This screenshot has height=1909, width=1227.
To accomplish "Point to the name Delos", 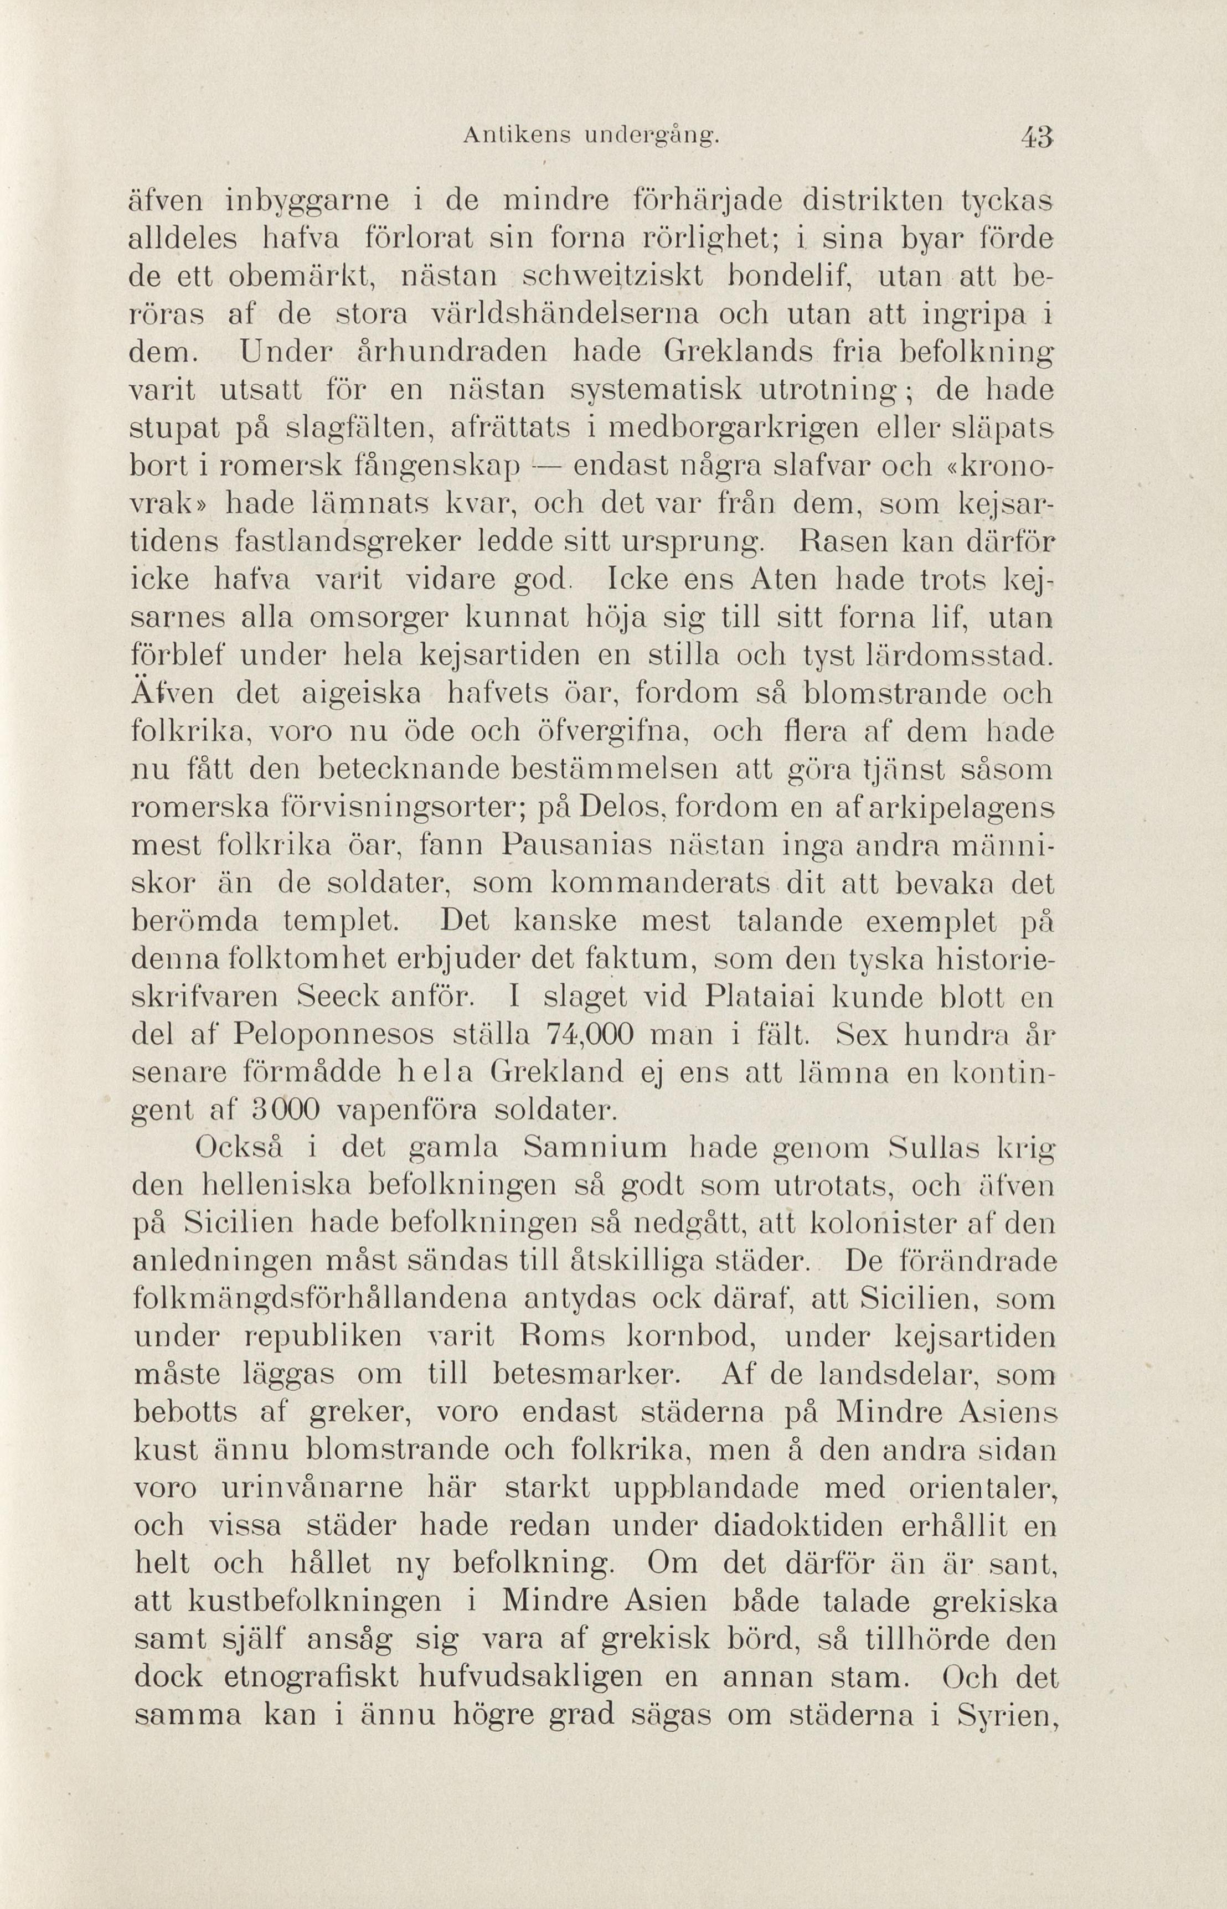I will click(623, 809).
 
